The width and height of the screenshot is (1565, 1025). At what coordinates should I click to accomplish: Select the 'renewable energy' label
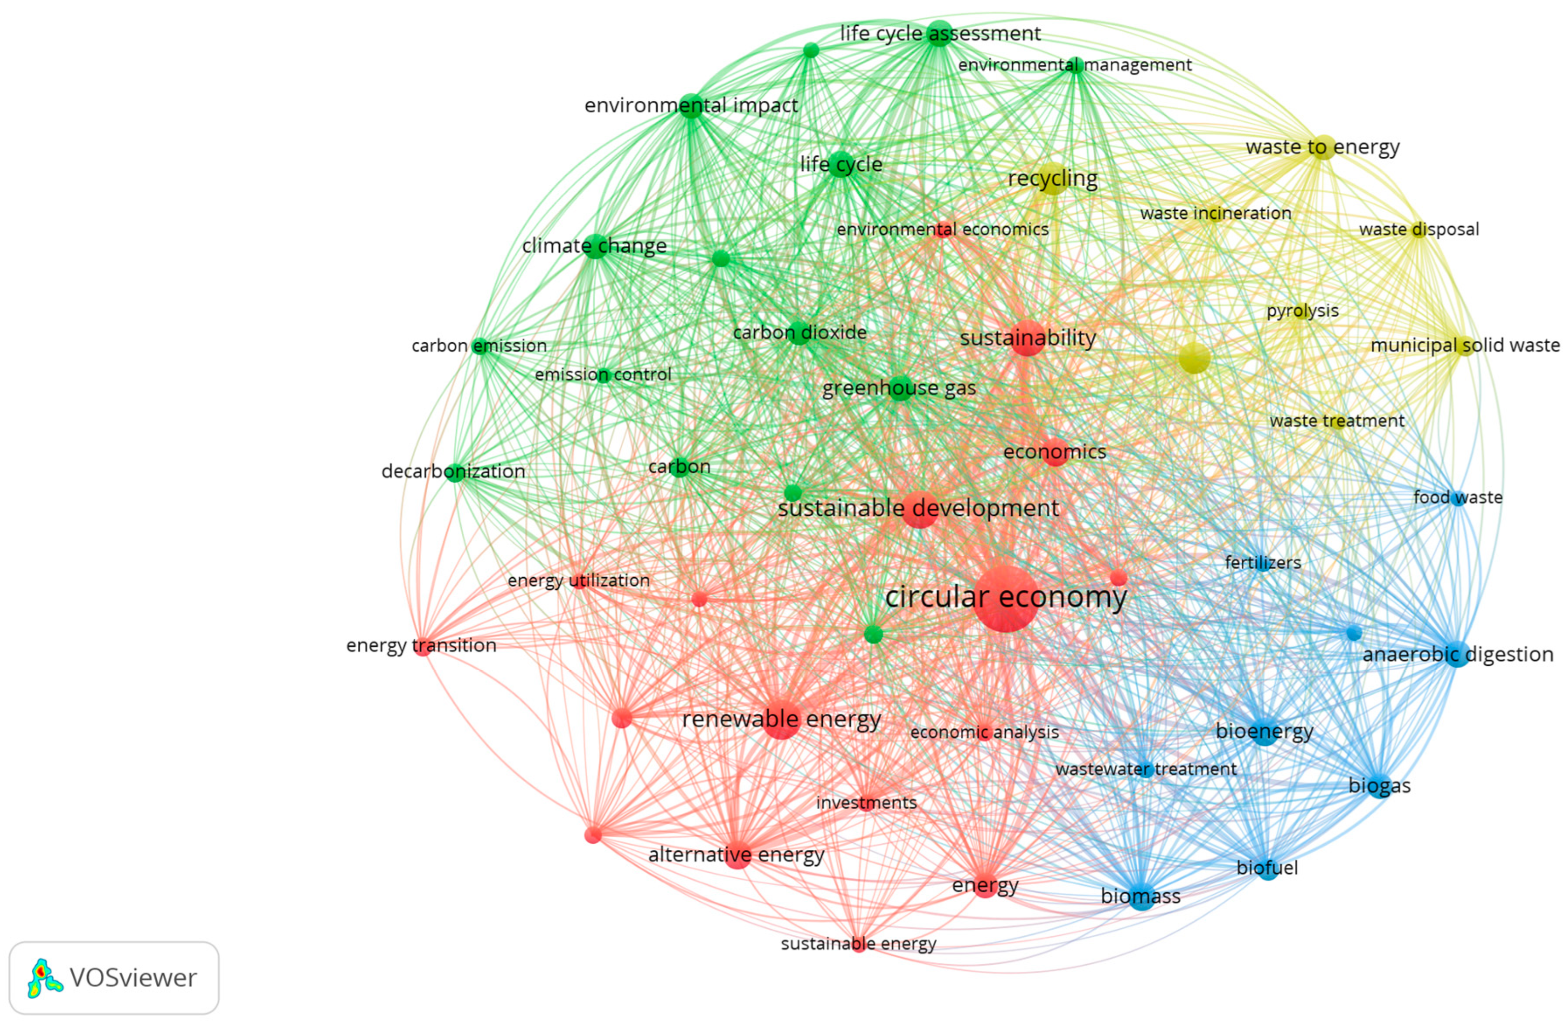tap(781, 719)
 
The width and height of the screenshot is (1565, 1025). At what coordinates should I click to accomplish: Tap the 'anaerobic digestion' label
tap(1457, 655)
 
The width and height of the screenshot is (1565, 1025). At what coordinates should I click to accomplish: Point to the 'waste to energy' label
tap(1322, 147)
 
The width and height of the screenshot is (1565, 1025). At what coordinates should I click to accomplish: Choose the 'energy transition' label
tap(422, 645)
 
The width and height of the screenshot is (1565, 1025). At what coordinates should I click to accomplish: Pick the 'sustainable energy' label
tap(858, 944)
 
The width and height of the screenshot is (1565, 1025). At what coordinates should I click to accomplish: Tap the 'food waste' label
tap(1458, 497)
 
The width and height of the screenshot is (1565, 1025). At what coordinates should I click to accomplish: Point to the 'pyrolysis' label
tap(1302, 311)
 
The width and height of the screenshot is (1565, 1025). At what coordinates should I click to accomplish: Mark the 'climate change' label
tap(595, 246)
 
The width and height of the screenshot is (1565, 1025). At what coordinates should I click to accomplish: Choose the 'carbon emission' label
tap(479, 346)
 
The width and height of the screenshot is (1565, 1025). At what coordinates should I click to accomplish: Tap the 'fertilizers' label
tap(1262, 563)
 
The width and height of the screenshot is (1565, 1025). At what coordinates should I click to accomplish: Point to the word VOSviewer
tap(133, 978)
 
